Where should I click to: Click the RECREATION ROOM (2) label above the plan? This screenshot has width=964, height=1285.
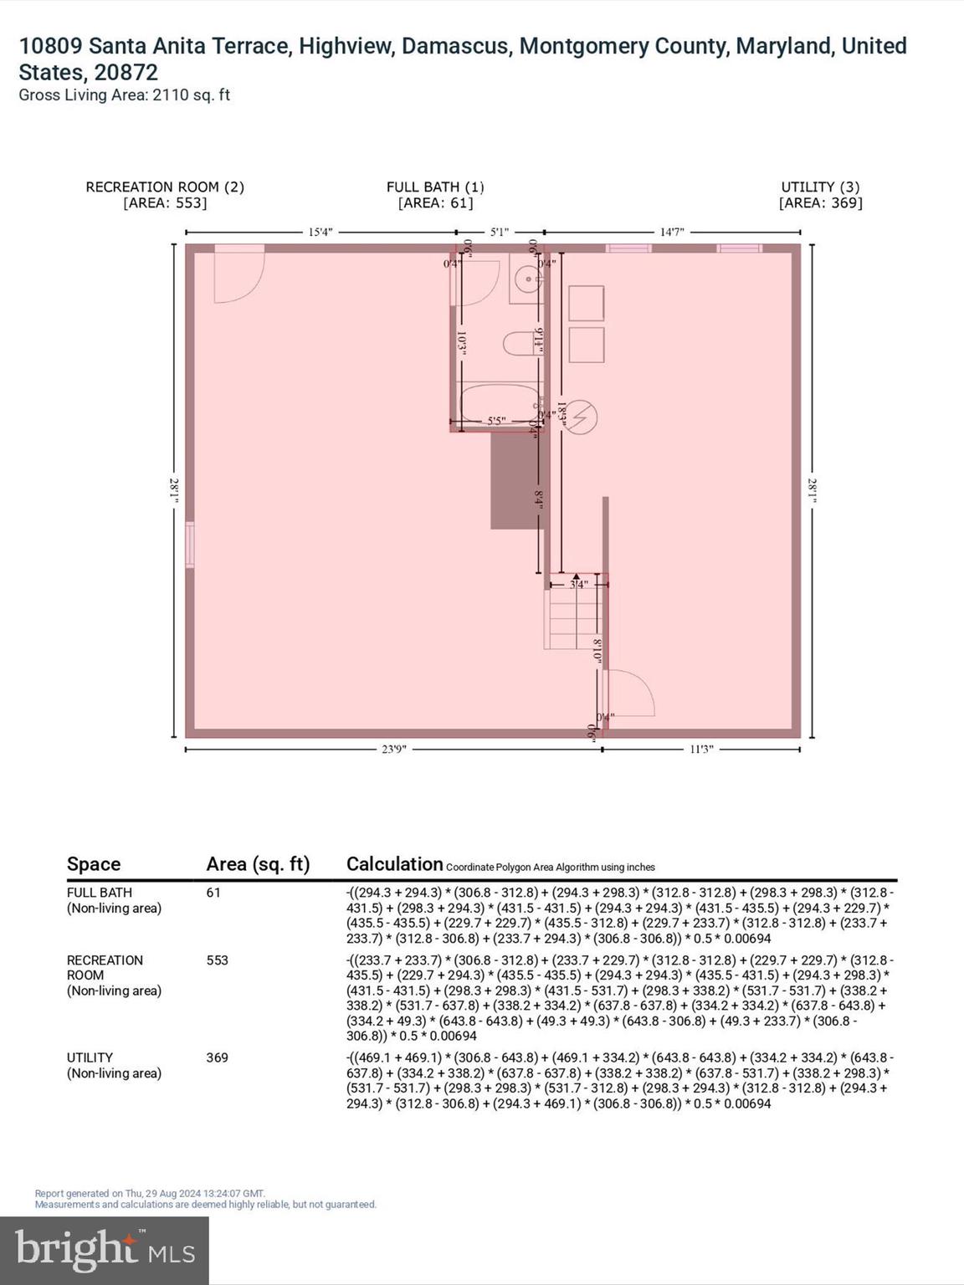[x=165, y=187]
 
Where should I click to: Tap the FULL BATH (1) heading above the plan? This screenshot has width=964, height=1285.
[x=435, y=187]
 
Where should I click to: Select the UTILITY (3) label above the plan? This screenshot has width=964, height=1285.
[x=820, y=187]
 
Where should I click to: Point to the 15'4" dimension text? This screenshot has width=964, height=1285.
[x=320, y=232]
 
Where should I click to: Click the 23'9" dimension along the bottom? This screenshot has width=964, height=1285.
[x=393, y=750]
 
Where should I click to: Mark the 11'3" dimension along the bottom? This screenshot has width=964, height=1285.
[x=700, y=750]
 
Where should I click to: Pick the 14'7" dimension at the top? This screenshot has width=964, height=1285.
[x=672, y=232]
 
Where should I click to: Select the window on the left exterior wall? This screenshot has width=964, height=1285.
[x=190, y=545]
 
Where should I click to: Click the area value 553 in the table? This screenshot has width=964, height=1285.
[x=217, y=960]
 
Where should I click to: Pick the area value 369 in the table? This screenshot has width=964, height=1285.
[x=217, y=1057]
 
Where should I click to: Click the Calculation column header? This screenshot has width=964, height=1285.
[x=394, y=864]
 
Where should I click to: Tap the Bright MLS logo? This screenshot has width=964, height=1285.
[x=105, y=1249]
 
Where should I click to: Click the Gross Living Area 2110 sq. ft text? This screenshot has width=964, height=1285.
[x=124, y=95]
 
